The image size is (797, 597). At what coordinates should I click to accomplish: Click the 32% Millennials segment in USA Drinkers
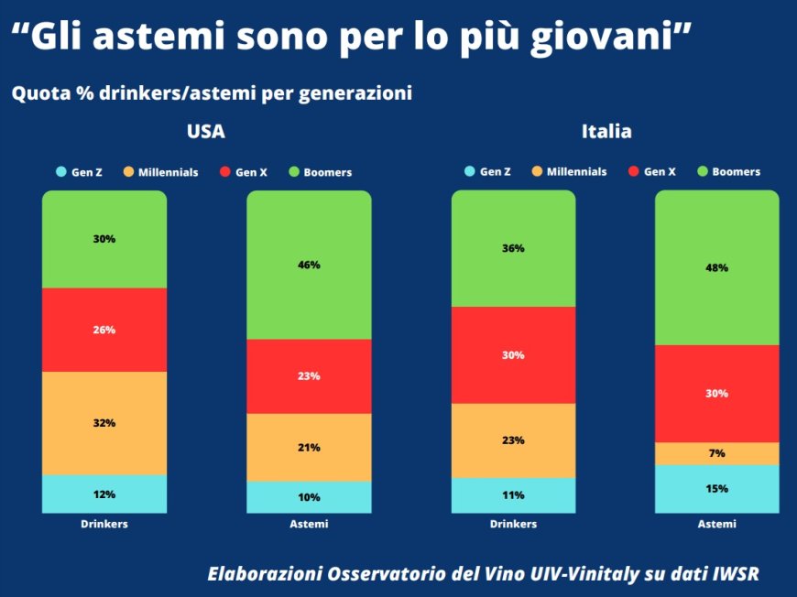coord(104,423)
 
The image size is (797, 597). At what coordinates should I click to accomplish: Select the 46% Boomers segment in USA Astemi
coord(309,265)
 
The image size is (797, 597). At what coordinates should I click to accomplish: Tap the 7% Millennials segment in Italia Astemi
coord(716,453)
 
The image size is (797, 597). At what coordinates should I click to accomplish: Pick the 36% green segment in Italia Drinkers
coord(513,248)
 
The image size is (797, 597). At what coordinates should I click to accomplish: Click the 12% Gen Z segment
coord(104,494)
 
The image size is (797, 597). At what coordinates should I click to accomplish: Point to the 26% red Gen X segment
coord(104,330)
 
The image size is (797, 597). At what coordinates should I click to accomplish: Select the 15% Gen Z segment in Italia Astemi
coord(716,488)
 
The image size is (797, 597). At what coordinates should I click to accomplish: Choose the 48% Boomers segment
coord(716,267)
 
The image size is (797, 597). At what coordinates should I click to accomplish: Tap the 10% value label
coord(309,497)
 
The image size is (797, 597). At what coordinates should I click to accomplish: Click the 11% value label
coord(513,495)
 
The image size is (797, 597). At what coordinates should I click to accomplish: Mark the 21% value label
coord(309,448)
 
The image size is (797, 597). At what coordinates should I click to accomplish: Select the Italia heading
coord(606,132)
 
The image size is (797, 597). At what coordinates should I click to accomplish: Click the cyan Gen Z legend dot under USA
coord(61,172)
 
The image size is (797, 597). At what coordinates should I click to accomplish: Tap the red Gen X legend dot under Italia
coord(634,171)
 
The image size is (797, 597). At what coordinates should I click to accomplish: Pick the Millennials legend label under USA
coord(168,172)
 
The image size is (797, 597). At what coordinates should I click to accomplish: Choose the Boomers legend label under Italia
coord(736,171)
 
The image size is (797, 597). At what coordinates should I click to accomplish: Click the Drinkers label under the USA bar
coord(104,524)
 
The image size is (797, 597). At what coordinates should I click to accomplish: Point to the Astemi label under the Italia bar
coord(716,524)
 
